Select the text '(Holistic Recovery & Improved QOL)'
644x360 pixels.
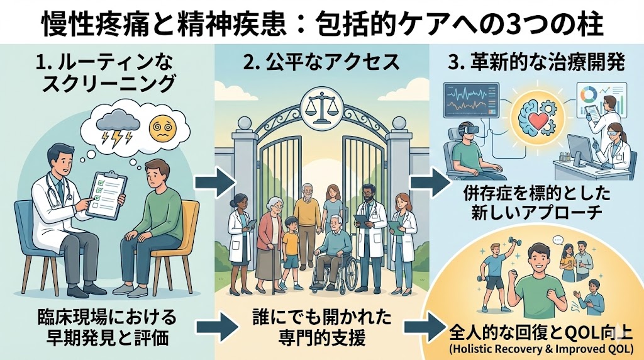(536, 347)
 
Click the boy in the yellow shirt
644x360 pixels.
(291, 249)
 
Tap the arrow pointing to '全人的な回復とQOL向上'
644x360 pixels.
(419, 326)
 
